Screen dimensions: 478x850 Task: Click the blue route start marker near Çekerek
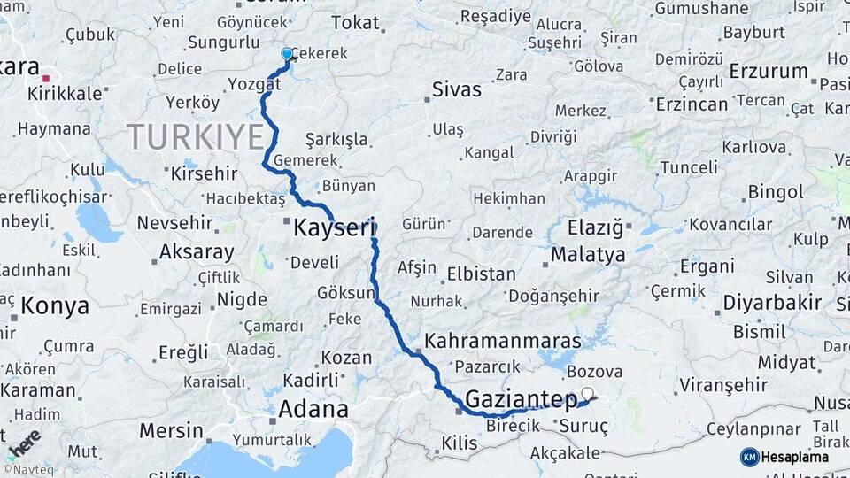(x=287, y=55)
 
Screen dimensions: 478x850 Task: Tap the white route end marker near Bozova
(x=587, y=393)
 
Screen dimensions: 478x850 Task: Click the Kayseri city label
(x=329, y=227)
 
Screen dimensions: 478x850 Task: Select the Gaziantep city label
(x=521, y=399)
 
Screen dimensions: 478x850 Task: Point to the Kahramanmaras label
(x=503, y=341)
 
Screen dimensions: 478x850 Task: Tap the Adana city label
(x=313, y=410)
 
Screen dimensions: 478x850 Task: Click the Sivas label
(x=457, y=89)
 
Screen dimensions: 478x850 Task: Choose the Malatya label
(x=588, y=255)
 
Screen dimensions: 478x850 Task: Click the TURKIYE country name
(x=195, y=137)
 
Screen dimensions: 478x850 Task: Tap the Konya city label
(x=55, y=306)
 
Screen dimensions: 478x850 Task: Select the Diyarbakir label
(x=772, y=303)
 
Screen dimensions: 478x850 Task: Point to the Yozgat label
(x=254, y=84)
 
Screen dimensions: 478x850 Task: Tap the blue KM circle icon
(x=749, y=457)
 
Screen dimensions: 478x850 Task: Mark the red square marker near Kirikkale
(x=46, y=79)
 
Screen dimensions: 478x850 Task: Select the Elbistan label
(x=481, y=274)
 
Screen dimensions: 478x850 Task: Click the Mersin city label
(x=171, y=431)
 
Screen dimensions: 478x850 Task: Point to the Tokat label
(x=356, y=24)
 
